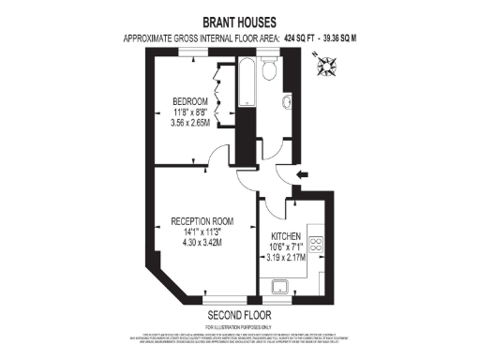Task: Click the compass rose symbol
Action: coord(327,67)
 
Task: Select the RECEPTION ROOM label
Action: coord(202,221)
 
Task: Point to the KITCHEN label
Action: coord(286,235)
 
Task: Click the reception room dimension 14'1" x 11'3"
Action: coord(202,232)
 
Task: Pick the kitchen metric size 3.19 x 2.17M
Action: coord(286,255)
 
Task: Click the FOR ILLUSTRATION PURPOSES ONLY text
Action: coord(239,325)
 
